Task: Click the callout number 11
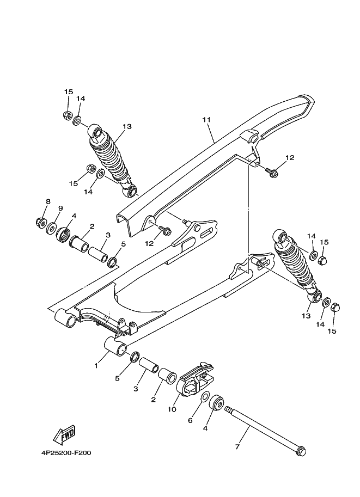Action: click(206, 119)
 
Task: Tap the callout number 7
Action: click(237, 446)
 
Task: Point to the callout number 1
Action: click(96, 365)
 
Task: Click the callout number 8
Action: click(47, 201)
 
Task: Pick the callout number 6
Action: click(190, 420)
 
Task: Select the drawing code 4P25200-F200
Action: click(66, 451)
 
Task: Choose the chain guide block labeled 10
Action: click(193, 383)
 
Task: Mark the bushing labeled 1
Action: click(115, 347)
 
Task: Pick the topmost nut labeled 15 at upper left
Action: click(68, 115)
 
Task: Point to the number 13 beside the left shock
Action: click(127, 126)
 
